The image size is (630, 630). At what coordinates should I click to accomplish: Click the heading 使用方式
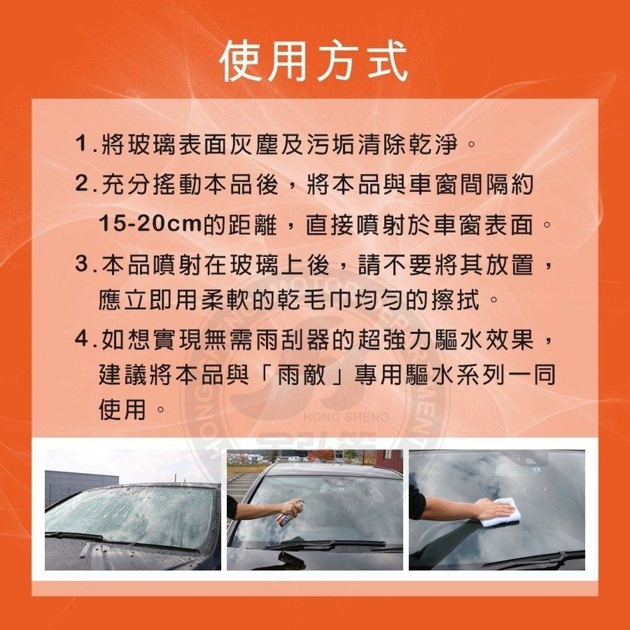click(314, 61)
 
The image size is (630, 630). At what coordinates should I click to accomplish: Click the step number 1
click(81, 144)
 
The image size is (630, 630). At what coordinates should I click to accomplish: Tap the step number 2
click(81, 185)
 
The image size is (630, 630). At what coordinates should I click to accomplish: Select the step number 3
click(81, 265)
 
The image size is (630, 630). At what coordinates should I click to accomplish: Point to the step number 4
click(81, 340)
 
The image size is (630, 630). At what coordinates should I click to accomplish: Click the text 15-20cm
click(150, 224)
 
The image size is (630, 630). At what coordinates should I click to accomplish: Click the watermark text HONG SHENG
click(346, 416)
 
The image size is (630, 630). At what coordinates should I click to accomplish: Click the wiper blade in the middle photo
click(326, 544)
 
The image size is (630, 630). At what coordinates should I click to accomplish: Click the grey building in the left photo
click(81, 486)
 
